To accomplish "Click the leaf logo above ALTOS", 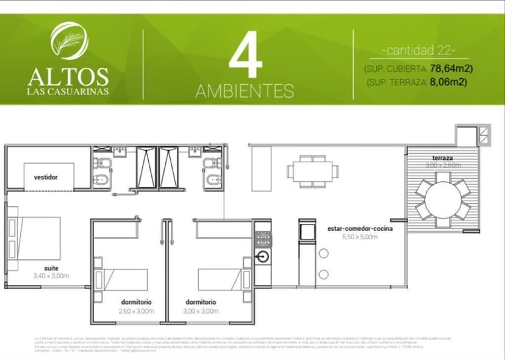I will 69,41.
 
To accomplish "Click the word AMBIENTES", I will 245,92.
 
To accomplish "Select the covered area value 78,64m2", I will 452,68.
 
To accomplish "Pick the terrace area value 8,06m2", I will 448,82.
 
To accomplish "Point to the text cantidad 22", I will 418,50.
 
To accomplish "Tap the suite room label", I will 51,268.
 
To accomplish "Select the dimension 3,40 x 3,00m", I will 51,276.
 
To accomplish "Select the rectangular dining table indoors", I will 313,170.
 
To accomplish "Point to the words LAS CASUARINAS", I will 68,92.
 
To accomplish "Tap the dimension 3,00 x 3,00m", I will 202,311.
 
